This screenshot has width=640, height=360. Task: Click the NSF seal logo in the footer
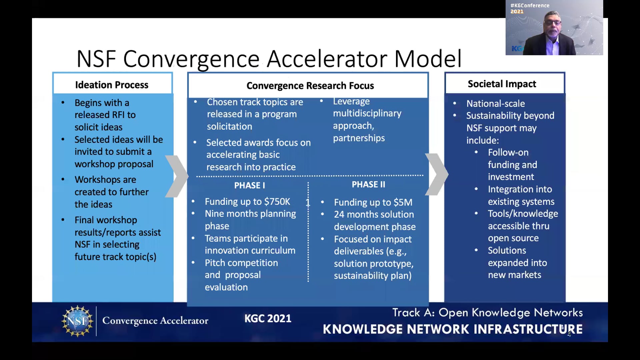click(x=77, y=321)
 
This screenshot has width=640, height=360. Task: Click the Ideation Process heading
click(x=112, y=85)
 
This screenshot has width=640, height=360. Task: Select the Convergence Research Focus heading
click(x=310, y=86)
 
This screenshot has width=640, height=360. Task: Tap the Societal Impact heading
click(x=502, y=84)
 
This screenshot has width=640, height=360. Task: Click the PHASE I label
click(x=249, y=185)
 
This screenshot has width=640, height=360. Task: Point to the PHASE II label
click(x=368, y=184)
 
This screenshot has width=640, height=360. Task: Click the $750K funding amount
click(x=277, y=202)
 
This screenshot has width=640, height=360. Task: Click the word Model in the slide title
click(x=428, y=59)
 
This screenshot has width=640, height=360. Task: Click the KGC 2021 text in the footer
click(x=268, y=319)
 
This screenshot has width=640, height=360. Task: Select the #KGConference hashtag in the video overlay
click(x=530, y=5)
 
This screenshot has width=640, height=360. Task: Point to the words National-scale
click(x=495, y=104)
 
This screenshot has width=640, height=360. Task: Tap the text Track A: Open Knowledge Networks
click(x=487, y=313)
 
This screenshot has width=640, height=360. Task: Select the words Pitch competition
click(x=241, y=263)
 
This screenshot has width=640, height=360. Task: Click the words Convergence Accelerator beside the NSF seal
click(x=155, y=321)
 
